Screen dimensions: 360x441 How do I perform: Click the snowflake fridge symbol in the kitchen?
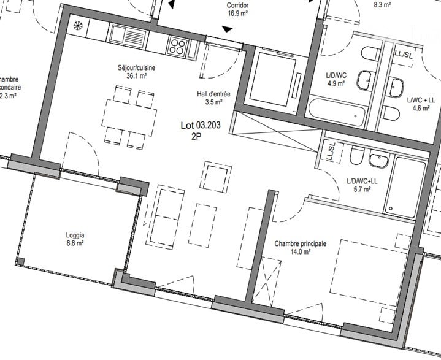[78, 26]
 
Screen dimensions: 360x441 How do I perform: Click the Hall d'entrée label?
[213, 94]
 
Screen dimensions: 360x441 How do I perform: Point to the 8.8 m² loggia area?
[75, 243]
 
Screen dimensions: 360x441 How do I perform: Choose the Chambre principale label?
[300, 243]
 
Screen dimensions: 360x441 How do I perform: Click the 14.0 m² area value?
[300, 252]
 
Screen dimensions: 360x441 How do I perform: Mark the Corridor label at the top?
[237, 4]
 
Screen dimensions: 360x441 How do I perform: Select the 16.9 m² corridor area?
[237, 12]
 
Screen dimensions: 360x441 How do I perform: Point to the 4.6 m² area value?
[420, 108]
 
